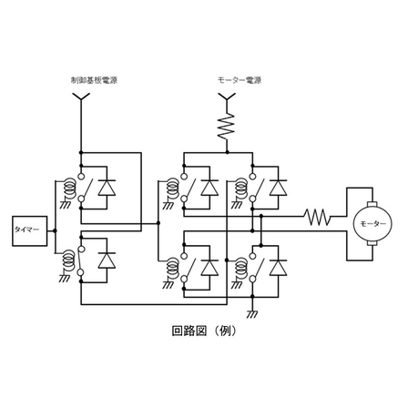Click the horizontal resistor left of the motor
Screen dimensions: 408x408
point(317,217)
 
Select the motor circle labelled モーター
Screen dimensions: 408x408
point(369,222)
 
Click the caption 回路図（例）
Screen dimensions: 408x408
point(203,331)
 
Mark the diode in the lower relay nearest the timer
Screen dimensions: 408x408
point(107,260)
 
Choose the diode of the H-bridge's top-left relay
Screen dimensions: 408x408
point(209,187)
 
